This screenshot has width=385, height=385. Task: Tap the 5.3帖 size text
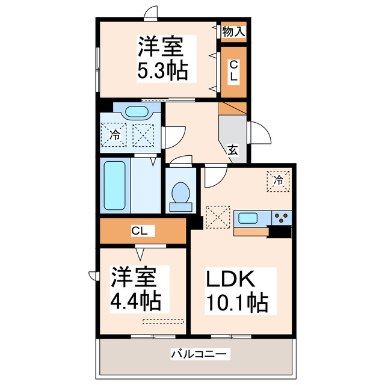pyautogui.click(x=162, y=70)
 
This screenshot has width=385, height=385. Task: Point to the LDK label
pyautogui.click(x=232, y=279)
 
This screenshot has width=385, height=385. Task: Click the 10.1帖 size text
pyautogui.click(x=238, y=303)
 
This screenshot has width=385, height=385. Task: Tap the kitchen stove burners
pyautogui.click(x=281, y=217)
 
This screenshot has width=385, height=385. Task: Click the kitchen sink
pyautogui.click(x=248, y=217)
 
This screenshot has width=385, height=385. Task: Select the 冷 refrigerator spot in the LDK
pyautogui.click(x=279, y=180)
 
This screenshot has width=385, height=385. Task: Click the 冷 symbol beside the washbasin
pyautogui.click(x=114, y=135)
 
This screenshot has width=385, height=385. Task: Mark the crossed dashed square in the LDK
pyautogui.click(x=218, y=217)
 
